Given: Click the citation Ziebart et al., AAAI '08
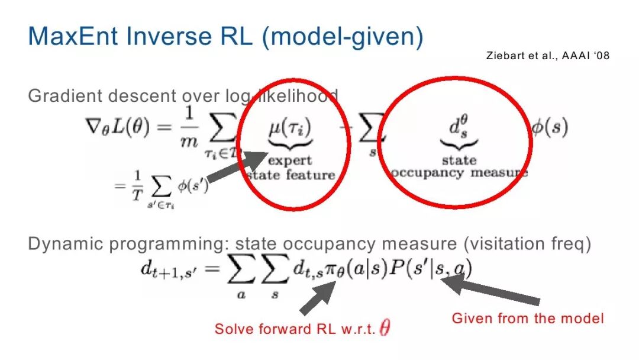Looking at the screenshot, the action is click(547, 56).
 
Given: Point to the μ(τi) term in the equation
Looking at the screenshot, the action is click(290, 128).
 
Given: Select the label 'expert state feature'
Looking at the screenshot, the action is click(291, 168).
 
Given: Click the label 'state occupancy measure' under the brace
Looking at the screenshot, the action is click(459, 167).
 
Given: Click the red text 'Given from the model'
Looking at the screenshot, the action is click(527, 318).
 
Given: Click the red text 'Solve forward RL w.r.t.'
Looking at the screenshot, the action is click(294, 329).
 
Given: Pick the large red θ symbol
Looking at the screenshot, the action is click(385, 328).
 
